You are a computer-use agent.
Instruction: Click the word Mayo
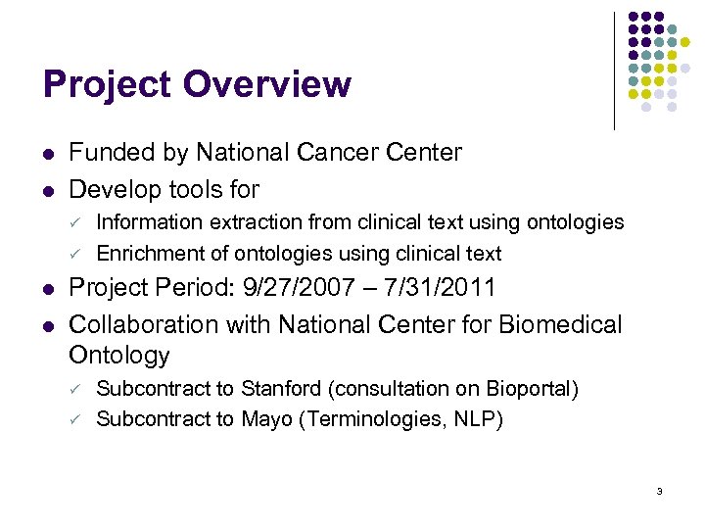click(x=267, y=419)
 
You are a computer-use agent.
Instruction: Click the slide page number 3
click(x=661, y=491)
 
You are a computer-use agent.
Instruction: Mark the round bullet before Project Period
click(x=49, y=289)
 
